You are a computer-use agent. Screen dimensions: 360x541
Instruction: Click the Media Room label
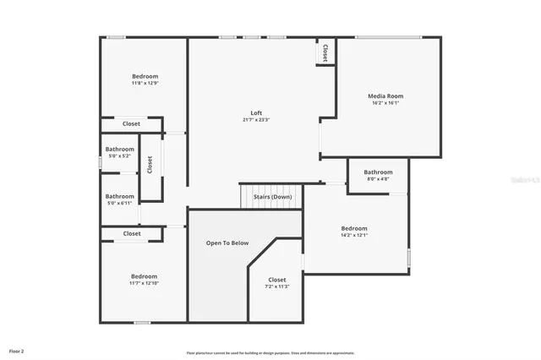tap(385, 96)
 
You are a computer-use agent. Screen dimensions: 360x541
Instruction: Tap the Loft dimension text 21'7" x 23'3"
tap(256, 120)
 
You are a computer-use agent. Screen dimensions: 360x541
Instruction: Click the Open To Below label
tap(228, 243)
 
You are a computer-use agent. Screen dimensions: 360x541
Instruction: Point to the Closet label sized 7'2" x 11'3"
tap(277, 280)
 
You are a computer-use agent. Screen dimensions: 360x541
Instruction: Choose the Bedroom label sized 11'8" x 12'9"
tap(145, 77)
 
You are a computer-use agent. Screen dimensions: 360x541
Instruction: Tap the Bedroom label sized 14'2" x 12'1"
tap(354, 228)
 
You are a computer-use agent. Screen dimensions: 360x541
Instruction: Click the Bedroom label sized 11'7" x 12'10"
tap(144, 276)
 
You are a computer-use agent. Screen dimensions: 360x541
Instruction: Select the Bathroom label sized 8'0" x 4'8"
tap(378, 172)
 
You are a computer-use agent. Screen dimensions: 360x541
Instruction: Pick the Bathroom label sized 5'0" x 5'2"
tap(120, 150)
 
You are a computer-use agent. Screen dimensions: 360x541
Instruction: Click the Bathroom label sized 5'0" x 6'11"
tap(120, 197)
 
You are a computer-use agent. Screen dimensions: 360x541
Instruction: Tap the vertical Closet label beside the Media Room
tap(323, 52)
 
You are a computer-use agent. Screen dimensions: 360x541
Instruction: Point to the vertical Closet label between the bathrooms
tap(150, 166)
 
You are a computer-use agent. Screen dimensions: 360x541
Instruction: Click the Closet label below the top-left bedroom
tap(131, 124)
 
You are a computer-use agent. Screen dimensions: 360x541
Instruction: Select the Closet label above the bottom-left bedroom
tap(132, 233)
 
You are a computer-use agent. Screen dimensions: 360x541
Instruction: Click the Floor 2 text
tap(17, 350)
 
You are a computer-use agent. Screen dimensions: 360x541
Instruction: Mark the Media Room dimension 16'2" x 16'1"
tap(385, 103)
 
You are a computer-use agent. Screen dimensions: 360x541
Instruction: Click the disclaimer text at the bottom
tap(270, 352)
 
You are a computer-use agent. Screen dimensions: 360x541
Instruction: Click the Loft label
tap(256, 113)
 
